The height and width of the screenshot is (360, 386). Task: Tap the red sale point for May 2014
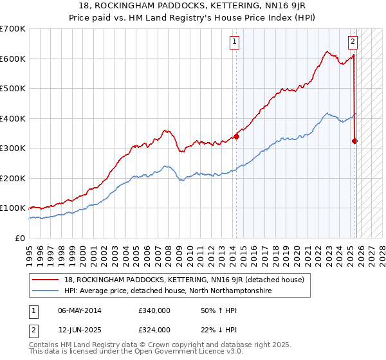(x=236, y=136)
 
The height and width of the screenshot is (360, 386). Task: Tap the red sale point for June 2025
(x=355, y=141)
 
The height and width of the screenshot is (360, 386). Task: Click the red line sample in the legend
(x=46, y=280)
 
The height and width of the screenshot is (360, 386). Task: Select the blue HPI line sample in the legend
(x=46, y=291)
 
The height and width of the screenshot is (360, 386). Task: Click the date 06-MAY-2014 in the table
(x=80, y=310)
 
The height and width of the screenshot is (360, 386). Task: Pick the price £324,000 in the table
(x=154, y=330)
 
